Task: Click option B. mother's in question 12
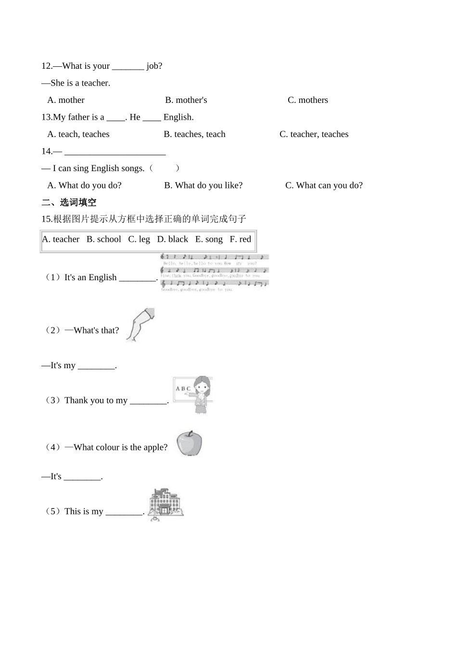click(186, 100)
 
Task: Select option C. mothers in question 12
click(308, 100)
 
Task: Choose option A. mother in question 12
click(66, 100)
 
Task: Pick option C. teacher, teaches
click(314, 134)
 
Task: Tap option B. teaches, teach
click(194, 134)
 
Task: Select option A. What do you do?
click(84, 186)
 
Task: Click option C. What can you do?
click(324, 186)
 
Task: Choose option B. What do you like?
click(203, 186)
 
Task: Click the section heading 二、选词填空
click(69, 202)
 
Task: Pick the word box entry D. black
click(173, 239)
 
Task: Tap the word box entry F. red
click(241, 239)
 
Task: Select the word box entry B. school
click(104, 239)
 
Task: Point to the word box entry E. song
click(209, 239)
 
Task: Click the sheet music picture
click(215, 273)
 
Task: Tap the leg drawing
click(140, 324)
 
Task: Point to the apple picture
click(189, 443)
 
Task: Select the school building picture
click(166, 504)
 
